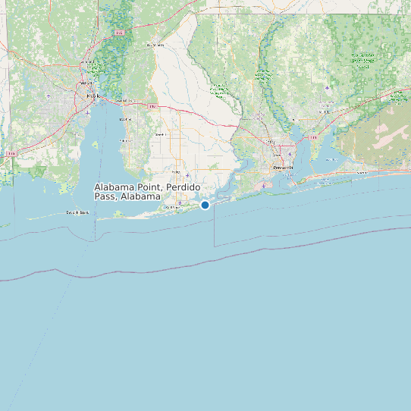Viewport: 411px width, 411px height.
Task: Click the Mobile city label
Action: [93, 96]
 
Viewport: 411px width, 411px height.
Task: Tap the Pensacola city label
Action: [281, 168]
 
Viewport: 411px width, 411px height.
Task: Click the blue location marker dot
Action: [205, 205]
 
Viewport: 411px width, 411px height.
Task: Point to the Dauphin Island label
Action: [77, 212]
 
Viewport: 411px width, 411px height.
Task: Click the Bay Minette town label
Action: [155, 45]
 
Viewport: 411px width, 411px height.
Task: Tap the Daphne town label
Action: [126, 119]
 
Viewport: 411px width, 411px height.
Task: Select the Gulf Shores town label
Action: [174, 206]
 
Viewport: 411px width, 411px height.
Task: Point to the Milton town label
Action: [325, 111]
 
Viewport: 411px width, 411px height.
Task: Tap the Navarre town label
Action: [361, 173]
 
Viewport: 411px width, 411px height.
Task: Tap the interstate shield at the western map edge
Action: [11, 154]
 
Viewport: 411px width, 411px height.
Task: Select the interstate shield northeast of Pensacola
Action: [312, 138]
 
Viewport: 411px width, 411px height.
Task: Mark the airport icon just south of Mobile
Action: [89, 111]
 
